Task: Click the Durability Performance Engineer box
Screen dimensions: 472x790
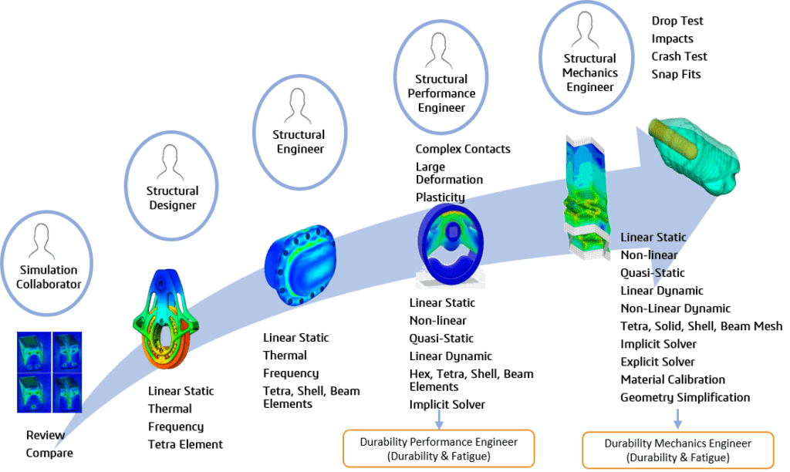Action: pyautogui.click(x=439, y=447)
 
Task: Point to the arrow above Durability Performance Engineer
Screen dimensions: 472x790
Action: pyautogui.click(x=439, y=419)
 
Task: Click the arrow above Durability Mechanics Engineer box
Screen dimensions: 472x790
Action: pyautogui.click(x=677, y=419)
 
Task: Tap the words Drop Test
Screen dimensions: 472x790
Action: pyautogui.click(x=677, y=21)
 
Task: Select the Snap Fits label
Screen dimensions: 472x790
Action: pyautogui.click(x=676, y=74)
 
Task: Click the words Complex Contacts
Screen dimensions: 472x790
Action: pyautogui.click(x=463, y=149)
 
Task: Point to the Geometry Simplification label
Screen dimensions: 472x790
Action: pyautogui.click(x=685, y=397)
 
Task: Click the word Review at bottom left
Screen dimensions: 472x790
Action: pyautogui.click(x=46, y=435)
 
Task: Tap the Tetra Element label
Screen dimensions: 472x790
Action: pyautogui.click(x=185, y=444)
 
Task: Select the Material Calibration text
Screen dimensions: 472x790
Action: pyautogui.click(x=673, y=379)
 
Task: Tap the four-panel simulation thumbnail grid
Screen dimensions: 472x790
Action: pyautogui.click(x=49, y=372)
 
